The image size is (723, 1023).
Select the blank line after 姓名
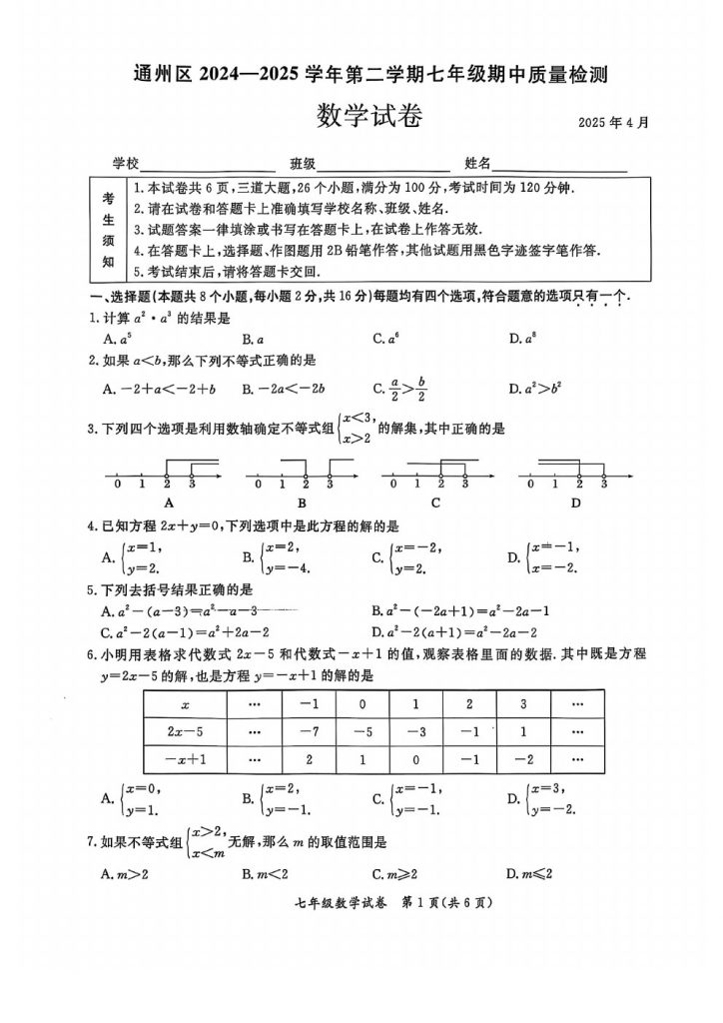coord(559,164)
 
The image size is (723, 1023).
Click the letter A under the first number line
coord(169,503)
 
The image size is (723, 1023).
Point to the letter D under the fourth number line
coord(576,503)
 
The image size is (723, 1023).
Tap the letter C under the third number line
coord(436,503)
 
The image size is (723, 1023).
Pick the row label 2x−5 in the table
coord(185,731)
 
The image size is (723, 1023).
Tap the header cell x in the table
coord(185,704)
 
